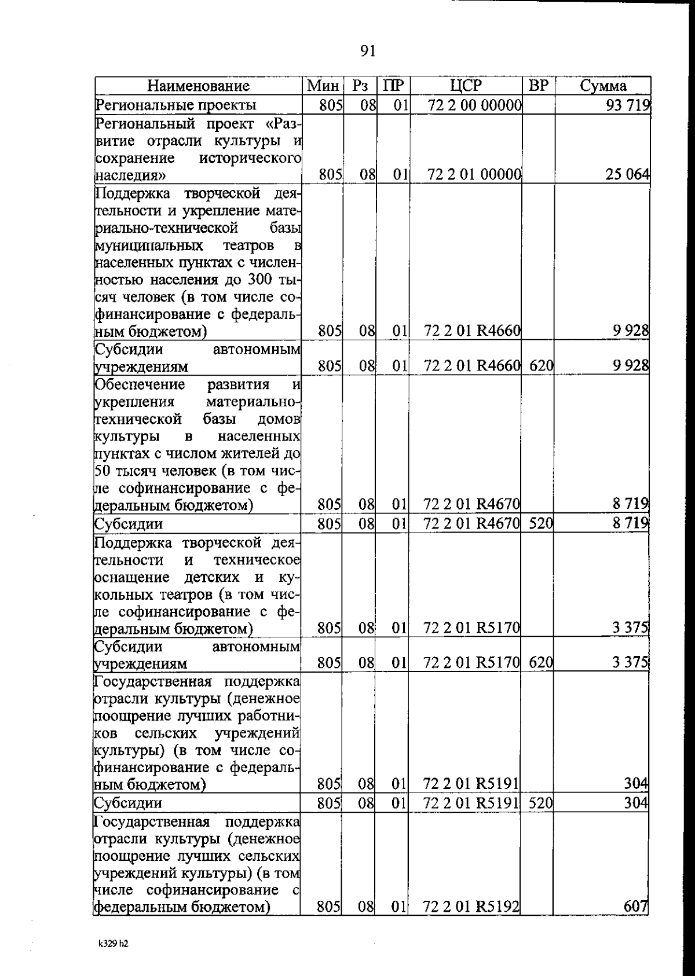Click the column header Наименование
198,86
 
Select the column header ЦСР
466,86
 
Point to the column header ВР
538,86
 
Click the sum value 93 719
628,105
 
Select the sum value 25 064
627,174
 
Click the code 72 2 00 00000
475,105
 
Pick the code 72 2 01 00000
475,174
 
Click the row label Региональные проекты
175,105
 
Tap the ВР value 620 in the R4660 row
541,366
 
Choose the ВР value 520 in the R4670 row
541,524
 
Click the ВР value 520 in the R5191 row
541,803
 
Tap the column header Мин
323,86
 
